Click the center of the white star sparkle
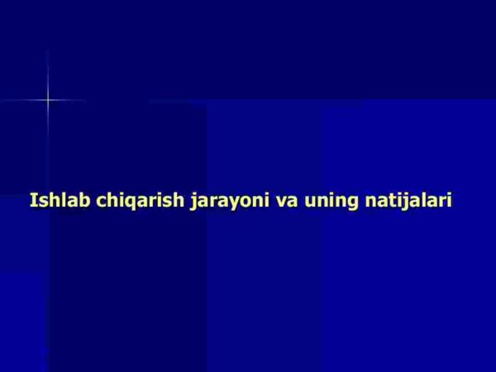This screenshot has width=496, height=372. point(47,101)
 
